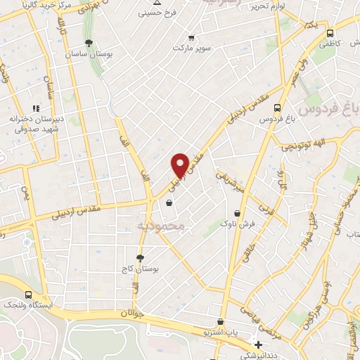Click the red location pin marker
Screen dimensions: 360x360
point(180,165)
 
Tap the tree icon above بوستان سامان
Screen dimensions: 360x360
point(89,43)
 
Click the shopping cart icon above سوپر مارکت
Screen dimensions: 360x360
point(191,38)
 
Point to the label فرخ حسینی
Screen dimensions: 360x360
point(155,13)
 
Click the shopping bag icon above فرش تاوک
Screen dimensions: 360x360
point(236,213)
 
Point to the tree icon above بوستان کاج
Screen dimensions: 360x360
point(141,257)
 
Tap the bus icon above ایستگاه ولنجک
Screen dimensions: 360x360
point(28,295)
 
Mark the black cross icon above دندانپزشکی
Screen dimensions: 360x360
point(259,345)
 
